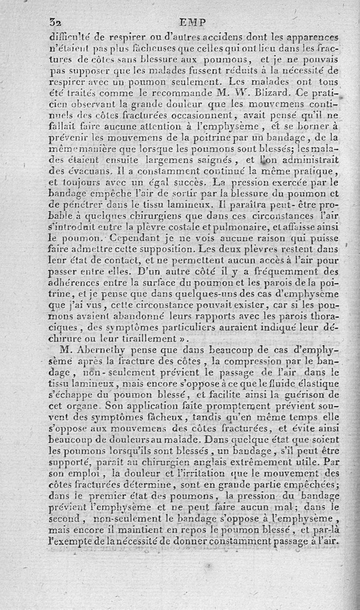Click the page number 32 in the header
click(x=54, y=22)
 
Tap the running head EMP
click(x=192, y=22)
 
